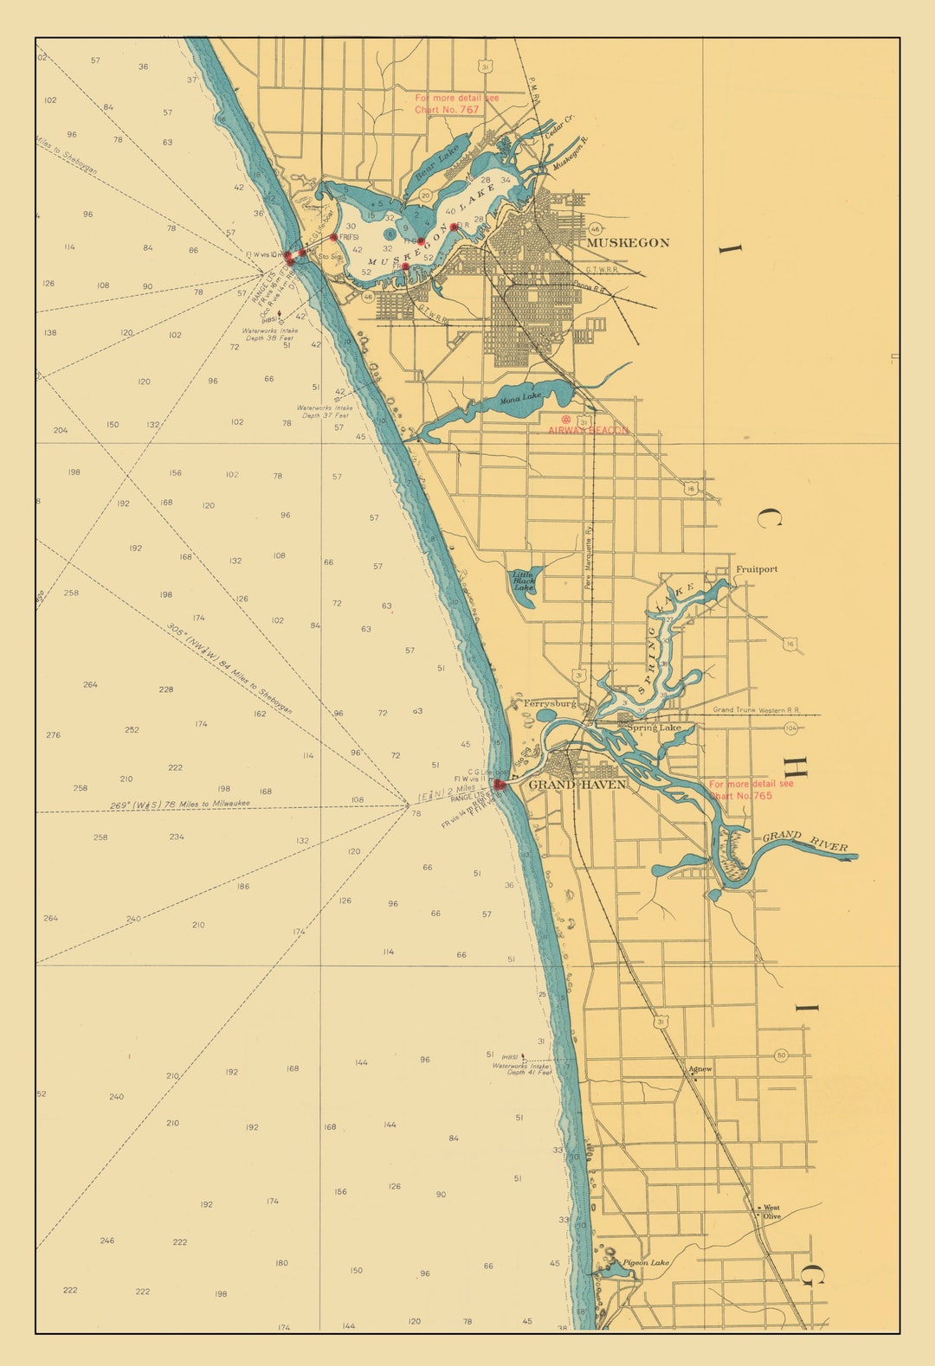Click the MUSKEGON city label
tap(628, 243)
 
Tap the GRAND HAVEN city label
tap(577, 785)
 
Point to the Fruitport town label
tap(756, 569)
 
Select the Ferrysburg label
tap(549, 704)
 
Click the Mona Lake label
tap(520, 397)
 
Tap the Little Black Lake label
tap(522, 580)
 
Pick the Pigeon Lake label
tap(646, 1263)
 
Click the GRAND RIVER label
tap(804, 841)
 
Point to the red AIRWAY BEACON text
tap(588, 430)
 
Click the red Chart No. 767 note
tap(456, 104)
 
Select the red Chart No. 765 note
tap(750, 790)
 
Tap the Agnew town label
tap(700, 1069)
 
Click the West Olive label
tap(771, 1212)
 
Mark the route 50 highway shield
tap(781, 1055)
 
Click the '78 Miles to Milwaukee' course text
tap(180, 805)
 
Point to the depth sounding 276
tap(53, 735)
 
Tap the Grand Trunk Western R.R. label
tap(756, 710)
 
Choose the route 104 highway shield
tap(790, 728)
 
